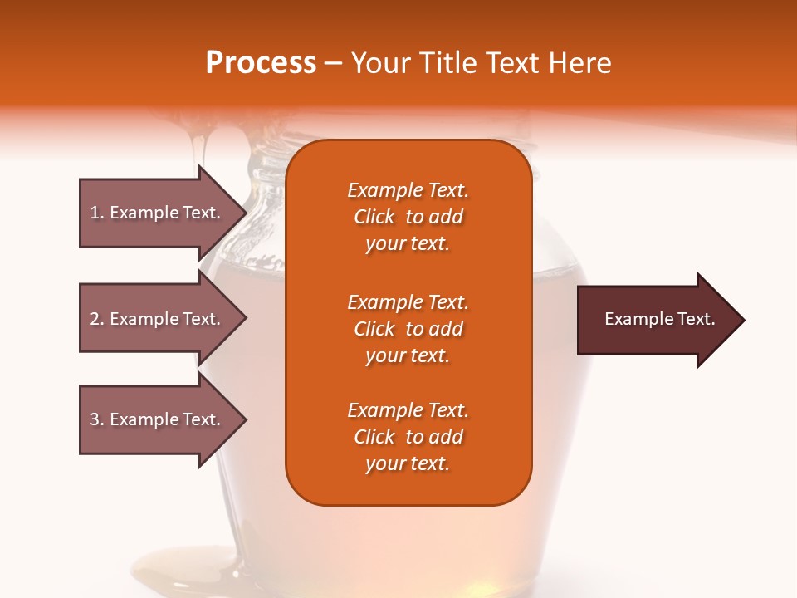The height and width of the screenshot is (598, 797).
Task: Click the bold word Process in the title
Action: click(x=261, y=63)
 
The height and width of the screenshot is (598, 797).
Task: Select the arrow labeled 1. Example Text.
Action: click(x=158, y=213)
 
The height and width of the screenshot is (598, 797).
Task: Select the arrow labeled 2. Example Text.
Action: click(x=158, y=319)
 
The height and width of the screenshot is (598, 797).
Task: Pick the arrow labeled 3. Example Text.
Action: click(x=158, y=419)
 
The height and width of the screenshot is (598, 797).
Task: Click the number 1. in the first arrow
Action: click(x=96, y=213)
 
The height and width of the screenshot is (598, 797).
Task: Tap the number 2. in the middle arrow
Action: click(x=96, y=319)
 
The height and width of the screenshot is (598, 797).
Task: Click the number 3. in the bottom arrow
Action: click(x=96, y=419)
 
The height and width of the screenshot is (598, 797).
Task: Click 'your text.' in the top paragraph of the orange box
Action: click(x=408, y=244)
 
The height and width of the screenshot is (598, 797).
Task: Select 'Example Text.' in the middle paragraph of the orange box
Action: click(x=408, y=302)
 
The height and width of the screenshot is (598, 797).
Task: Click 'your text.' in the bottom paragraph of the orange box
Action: click(x=408, y=464)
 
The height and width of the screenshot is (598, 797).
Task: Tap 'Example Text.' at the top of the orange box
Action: click(x=408, y=190)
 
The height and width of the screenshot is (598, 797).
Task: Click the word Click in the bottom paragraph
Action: click(x=374, y=437)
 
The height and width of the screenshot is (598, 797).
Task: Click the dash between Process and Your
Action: click(x=334, y=63)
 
